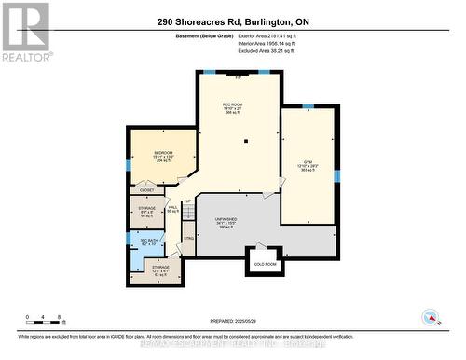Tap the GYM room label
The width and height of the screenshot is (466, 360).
click(x=308, y=160)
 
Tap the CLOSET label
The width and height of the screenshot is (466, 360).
click(x=147, y=189)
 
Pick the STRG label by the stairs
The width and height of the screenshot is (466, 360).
click(x=187, y=239)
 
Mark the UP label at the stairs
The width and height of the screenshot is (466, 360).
click(x=187, y=201)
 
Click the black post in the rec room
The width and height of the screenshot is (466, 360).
click(x=245, y=142)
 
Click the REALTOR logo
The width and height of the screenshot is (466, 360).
click(x=24, y=32)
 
